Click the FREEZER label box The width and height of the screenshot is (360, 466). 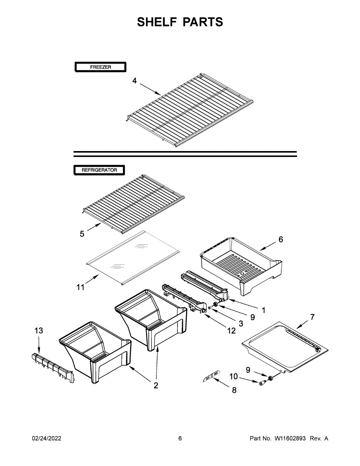click(x=100, y=67)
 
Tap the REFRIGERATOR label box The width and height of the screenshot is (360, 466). click(x=99, y=170)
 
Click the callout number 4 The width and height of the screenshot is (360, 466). click(x=134, y=81)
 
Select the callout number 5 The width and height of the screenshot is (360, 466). click(x=82, y=234)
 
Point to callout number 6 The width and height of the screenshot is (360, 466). click(x=281, y=239)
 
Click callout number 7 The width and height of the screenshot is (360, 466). click(x=312, y=317)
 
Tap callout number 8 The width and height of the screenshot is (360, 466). click(x=234, y=390)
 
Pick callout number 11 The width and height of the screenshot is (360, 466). click(x=80, y=287)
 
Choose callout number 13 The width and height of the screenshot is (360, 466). click(x=39, y=331)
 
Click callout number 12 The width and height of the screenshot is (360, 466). click(x=231, y=331)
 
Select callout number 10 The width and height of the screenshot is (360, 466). click(x=234, y=376)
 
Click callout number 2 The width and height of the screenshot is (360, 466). click(x=156, y=386)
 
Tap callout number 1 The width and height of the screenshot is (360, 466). click(x=264, y=310)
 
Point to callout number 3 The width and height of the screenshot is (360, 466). click(x=241, y=323)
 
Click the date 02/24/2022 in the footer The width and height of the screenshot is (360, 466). click(x=47, y=438)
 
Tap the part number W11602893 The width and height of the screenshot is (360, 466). click(x=290, y=438)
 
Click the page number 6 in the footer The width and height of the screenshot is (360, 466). click(x=180, y=438)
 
